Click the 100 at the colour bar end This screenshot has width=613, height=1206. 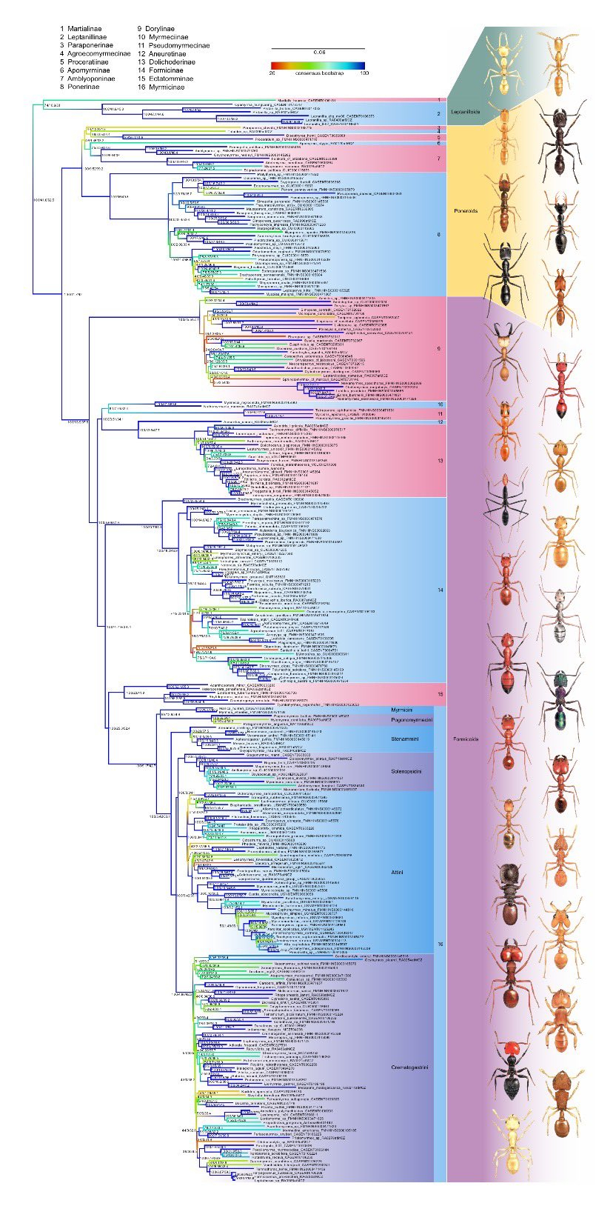(x=364, y=73)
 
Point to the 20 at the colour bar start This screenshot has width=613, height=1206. (x=272, y=73)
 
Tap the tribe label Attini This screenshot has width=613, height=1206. (x=397, y=873)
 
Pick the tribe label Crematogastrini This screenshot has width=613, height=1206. (x=410, y=1067)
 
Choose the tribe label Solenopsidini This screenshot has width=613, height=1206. (x=406, y=771)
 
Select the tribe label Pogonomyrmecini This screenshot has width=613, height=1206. (x=411, y=719)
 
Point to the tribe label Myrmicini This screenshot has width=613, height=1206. (x=401, y=710)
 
